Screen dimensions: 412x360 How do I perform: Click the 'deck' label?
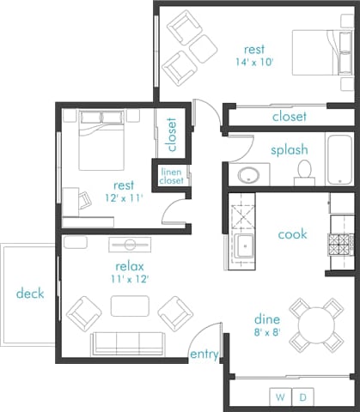click(x=30, y=294)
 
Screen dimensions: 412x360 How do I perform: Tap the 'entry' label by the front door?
click(x=204, y=354)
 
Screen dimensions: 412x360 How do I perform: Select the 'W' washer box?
click(x=281, y=397)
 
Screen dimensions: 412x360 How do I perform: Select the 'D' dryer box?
click(x=302, y=397)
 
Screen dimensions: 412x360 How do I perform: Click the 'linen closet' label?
click(x=172, y=176)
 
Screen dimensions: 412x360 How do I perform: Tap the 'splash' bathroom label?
click(x=290, y=149)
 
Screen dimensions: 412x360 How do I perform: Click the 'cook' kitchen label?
click(x=293, y=233)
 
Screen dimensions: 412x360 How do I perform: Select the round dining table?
click(x=317, y=324)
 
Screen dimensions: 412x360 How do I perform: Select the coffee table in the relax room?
click(x=129, y=306)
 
